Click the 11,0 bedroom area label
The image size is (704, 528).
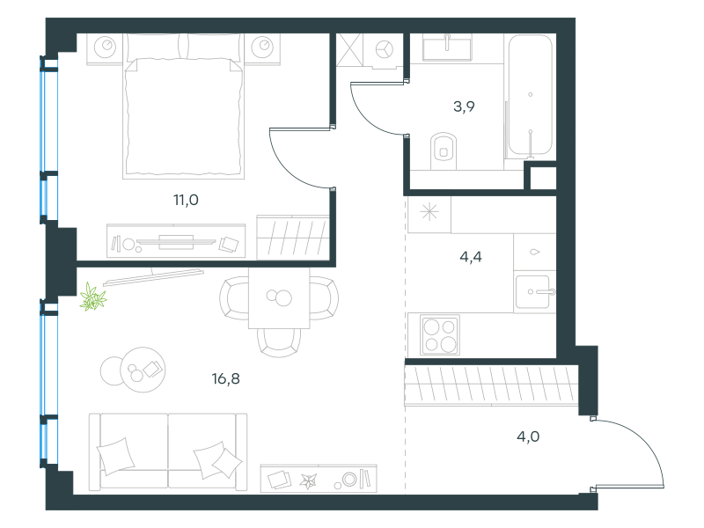coord(186,200)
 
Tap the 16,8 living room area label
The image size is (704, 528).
coord(226,379)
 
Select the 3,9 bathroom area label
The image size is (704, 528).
coord(464,106)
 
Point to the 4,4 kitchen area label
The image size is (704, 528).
coord(471,257)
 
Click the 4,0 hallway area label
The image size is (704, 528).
coord(528,436)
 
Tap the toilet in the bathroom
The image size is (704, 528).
coord(444,150)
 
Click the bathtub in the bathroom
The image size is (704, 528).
coord(531,95)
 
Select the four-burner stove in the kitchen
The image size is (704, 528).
coord(440,334)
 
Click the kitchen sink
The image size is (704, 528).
coord(533,292)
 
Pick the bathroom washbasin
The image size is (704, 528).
coord(447,48)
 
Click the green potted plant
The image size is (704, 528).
coord(93,297)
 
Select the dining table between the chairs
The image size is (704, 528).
coord(279,297)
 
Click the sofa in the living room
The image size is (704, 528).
coord(168,451)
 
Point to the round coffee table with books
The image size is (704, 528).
coord(143,370)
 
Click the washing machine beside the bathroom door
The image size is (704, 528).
coord(385,50)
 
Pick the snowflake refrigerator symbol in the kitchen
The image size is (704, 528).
coord(429,212)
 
